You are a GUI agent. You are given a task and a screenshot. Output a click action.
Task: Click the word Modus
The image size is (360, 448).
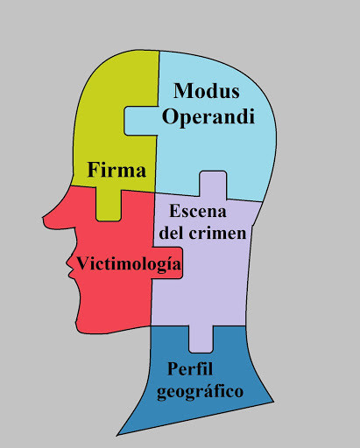[207, 91]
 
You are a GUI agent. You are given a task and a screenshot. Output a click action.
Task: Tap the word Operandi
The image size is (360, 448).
[208, 116]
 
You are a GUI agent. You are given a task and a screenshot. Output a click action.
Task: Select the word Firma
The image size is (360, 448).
[116, 170]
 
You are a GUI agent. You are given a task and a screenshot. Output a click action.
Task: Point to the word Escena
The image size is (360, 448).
[198, 211]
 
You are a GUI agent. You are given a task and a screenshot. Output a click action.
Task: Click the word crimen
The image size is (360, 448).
[217, 234]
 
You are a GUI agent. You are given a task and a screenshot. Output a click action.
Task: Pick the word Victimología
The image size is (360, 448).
[129, 264]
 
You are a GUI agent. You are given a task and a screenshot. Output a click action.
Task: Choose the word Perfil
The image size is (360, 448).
[190, 368]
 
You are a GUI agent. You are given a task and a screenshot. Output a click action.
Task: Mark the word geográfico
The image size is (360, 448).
[200, 392]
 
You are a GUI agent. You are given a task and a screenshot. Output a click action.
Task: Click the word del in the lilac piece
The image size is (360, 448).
[172, 233]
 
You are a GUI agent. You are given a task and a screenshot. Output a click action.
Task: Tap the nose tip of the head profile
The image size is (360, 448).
[44, 218]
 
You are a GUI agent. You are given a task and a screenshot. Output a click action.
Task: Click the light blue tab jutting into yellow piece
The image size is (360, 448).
[141, 121]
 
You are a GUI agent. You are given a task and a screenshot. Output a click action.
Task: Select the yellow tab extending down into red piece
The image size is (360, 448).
[109, 205]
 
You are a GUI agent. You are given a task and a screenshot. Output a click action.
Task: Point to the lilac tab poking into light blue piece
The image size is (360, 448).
[213, 185]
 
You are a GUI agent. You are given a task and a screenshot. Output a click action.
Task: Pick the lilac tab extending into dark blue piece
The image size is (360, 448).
[201, 339]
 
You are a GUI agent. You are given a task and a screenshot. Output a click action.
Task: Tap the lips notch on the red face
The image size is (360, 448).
[69, 274]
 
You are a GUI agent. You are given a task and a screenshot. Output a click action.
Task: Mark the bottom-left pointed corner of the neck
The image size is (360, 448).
[117, 435]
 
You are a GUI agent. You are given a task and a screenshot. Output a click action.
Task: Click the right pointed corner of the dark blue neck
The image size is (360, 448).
[273, 402]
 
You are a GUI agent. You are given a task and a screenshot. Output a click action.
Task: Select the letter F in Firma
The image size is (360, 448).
[94, 170]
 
